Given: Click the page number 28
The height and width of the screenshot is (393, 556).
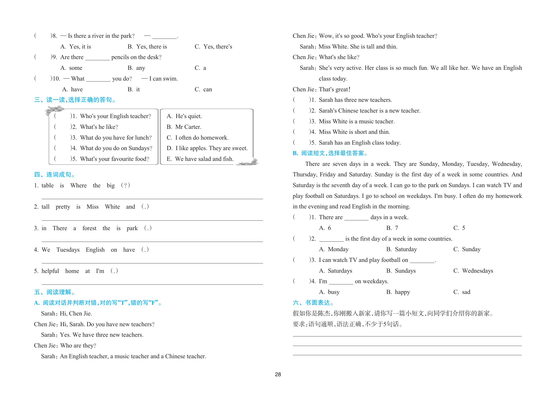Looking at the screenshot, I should (278, 374).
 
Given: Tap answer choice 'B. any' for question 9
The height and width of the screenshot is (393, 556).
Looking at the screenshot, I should (136, 68).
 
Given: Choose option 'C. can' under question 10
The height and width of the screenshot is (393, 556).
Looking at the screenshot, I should (203, 90).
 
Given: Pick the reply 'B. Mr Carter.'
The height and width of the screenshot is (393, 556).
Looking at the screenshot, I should (184, 127).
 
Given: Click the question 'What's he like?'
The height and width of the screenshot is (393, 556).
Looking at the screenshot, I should (99, 127).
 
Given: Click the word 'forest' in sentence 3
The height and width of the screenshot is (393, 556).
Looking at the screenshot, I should (89, 228).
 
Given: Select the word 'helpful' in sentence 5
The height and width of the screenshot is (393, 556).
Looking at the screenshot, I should (50, 271).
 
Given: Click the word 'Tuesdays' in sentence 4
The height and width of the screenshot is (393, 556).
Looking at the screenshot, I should (68, 250).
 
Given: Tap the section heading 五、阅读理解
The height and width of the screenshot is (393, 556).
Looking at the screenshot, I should (54, 292).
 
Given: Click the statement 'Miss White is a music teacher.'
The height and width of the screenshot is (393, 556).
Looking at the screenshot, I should (356, 122).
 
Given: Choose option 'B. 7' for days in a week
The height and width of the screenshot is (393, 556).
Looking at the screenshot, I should (392, 228).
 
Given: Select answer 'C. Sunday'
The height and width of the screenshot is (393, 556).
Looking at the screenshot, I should (467, 249).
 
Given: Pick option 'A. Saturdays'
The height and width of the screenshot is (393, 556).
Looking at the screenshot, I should (335, 271).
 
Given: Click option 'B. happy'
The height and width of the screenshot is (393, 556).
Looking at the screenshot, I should (398, 292).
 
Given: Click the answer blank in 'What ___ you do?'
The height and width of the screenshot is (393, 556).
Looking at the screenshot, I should (98, 79).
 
